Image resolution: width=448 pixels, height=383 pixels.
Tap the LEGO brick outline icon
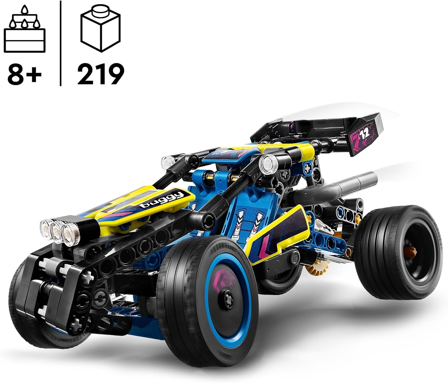pos(100,30)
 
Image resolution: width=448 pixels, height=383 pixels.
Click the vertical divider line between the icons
pos(61,43)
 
